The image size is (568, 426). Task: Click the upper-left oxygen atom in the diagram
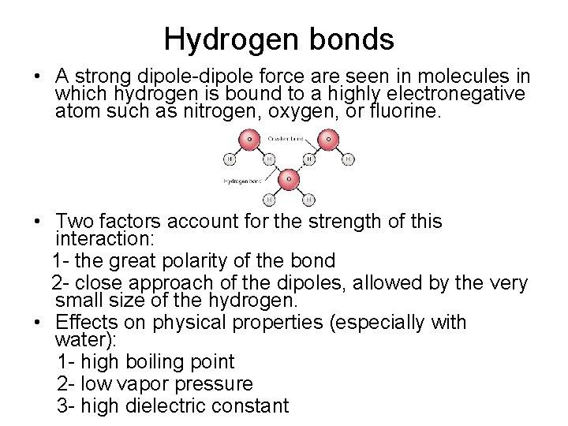pos(249,140)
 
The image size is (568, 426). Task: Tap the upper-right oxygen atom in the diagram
pos(327,140)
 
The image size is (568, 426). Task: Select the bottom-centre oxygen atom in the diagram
pos(289,179)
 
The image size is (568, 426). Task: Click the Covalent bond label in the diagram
pos(286,139)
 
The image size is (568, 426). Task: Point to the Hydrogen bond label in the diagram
pos(243,181)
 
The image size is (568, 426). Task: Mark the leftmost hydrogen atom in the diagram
pos(230,159)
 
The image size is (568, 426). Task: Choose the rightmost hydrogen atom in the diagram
pos(348,159)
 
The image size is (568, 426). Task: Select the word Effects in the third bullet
pos(86,323)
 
